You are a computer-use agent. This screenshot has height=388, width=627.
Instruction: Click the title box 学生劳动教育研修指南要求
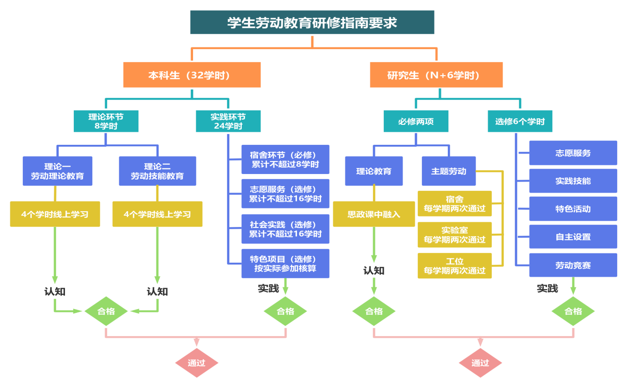(312, 22)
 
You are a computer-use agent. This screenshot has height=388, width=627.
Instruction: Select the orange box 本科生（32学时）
(192, 75)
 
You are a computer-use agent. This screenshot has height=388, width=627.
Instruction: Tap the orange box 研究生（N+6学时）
(436, 75)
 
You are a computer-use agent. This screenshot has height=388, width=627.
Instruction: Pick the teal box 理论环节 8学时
(106, 121)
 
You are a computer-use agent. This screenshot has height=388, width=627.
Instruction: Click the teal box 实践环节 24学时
(228, 121)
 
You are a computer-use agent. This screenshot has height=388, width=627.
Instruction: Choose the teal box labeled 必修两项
(416, 122)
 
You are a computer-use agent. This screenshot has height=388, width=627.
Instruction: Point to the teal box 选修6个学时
(520, 122)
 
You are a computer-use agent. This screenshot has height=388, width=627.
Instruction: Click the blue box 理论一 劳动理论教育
(58, 171)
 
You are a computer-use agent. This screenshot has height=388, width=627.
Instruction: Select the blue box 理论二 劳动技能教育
(157, 171)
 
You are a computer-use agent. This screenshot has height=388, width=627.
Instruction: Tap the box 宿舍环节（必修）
(285, 159)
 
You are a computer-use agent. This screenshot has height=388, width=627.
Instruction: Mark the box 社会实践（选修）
(285, 229)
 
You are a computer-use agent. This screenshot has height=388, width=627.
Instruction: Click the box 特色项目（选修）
(285, 264)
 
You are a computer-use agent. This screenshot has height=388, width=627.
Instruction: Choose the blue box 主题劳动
(448, 171)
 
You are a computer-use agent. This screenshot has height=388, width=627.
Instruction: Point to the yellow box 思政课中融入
(374, 214)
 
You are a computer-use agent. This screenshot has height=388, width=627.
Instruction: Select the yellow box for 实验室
(454, 235)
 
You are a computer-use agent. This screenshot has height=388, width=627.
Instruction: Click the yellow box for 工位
(454, 265)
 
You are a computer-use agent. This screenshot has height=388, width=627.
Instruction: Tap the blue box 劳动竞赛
(573, 265)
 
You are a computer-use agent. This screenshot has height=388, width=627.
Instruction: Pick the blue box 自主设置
(573, 237)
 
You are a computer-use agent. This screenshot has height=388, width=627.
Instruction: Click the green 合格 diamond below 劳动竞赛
(573, 311)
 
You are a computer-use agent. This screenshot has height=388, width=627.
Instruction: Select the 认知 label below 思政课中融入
(374, 270)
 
